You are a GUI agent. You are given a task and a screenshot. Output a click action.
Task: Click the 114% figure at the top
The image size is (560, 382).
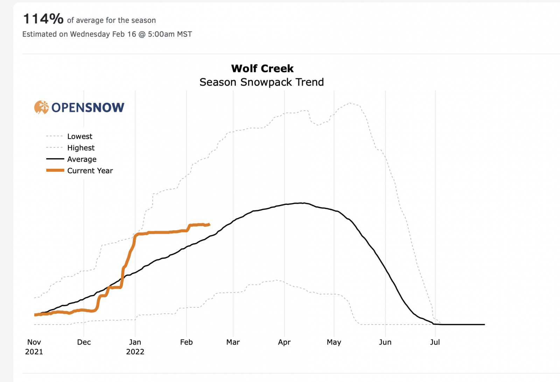click(43, 19)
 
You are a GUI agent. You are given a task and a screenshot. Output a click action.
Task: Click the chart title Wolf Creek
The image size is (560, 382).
click(262, 69)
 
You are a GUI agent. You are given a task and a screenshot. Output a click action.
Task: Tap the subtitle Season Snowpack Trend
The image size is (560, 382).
click(261, 82)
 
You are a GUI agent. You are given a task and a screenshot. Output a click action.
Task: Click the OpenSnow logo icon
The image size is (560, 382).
click(41, 107)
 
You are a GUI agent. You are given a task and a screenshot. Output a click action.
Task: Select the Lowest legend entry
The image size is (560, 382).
click(80, 136)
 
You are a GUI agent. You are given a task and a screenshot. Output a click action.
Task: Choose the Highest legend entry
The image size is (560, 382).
click(81, 148)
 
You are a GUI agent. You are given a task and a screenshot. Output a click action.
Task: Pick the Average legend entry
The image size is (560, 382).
click(82, 159)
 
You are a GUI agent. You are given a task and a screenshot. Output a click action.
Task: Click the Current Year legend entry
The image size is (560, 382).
click(90, 171)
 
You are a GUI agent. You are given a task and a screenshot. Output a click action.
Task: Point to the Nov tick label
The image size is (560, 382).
click(34, 342)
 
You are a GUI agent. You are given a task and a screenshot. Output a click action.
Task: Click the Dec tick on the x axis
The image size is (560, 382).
click(84, 342)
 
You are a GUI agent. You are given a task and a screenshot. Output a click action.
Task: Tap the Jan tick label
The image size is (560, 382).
click(135, 342)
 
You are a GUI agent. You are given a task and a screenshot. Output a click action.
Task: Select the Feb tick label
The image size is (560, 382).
click(186, 342)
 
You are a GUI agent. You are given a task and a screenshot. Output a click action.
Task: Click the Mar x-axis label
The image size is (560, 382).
click(233, 342)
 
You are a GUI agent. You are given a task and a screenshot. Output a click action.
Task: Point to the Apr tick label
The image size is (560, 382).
click(284, 342)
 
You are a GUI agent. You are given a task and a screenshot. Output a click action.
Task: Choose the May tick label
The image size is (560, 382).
click(334, 342)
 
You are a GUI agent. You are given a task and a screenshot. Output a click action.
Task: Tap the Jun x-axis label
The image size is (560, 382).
click(385, 342)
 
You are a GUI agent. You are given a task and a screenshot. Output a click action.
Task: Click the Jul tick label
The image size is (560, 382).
click(435, 342)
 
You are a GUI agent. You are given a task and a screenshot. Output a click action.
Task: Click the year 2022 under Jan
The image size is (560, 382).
click(135, 352)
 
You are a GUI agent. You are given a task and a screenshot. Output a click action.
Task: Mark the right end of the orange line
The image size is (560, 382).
click(209, 224)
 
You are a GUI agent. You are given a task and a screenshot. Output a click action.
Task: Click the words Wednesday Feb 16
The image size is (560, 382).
click(103, 34)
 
